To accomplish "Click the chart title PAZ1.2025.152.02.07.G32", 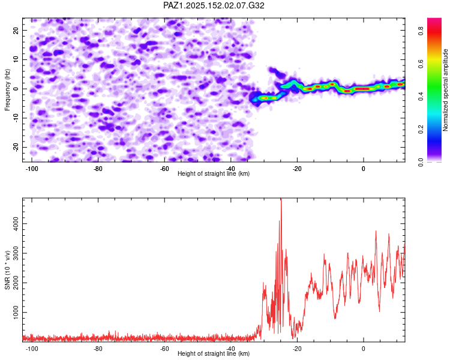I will pyautogui.click(x=214, y=5).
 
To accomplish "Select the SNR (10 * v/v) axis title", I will pyautogui.click(x=7, y=269).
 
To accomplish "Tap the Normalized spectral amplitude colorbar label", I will pyautogui.click(x=446, y=90).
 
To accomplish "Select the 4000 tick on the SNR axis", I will pyautogui.click(x=13, y=224).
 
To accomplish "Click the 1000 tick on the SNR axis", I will pyautogui.click(x=13, y=313).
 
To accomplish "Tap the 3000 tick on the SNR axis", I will pyautogui.click(x=13, y=254).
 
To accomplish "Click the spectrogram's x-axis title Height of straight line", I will pyautogui.click(x=214, y=174).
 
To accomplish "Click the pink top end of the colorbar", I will pyautogui.click(x=434, y=22).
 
